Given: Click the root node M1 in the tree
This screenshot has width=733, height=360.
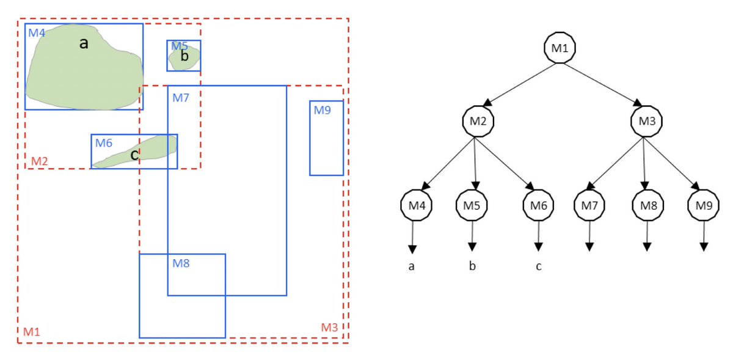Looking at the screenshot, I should point(561,48).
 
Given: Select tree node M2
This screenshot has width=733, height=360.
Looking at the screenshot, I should point(478,120).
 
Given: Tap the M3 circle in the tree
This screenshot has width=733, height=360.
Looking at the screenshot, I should point(646,120).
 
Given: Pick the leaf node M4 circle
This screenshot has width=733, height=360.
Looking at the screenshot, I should point(416,206).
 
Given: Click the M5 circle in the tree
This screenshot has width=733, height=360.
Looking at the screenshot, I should point(472,206).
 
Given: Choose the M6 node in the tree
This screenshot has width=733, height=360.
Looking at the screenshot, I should point(538,206).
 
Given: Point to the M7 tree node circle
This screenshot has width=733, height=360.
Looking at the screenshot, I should point(589,206).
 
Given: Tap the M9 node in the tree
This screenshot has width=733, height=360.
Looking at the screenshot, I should point(704,206).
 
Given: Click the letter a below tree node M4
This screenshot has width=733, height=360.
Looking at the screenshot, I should point(412,266).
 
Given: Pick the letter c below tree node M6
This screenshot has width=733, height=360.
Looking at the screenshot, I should point(538,266).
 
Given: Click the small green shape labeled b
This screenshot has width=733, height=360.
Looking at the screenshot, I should point(184,58).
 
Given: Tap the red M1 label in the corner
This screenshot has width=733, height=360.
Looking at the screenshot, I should point(31,332).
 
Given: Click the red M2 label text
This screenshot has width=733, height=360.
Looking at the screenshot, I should point(39,161).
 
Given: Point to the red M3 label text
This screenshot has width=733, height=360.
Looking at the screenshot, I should point(329,328).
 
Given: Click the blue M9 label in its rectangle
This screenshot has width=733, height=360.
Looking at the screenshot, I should point(322,111).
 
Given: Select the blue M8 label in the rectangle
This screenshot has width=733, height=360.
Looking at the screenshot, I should point(181,263).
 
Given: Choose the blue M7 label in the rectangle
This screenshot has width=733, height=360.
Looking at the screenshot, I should point(181,97).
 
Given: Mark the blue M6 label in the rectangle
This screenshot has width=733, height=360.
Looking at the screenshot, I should point(103,143).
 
